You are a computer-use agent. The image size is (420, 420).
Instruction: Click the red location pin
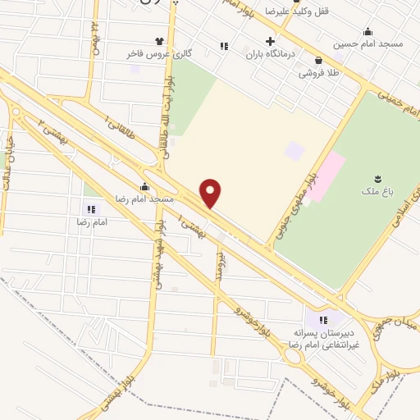tap(212, 194)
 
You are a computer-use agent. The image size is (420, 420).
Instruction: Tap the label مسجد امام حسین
tap(367, 43)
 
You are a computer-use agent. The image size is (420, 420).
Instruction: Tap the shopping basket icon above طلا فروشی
tap(318, 60)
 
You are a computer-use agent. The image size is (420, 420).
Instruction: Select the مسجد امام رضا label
tap(144, 199)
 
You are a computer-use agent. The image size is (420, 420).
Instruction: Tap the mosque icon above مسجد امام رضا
tap(144, 187)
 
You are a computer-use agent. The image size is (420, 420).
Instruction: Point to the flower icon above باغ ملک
tap(377, 179)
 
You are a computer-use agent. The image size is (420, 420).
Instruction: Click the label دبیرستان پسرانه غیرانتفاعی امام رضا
tap(320, 340)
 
